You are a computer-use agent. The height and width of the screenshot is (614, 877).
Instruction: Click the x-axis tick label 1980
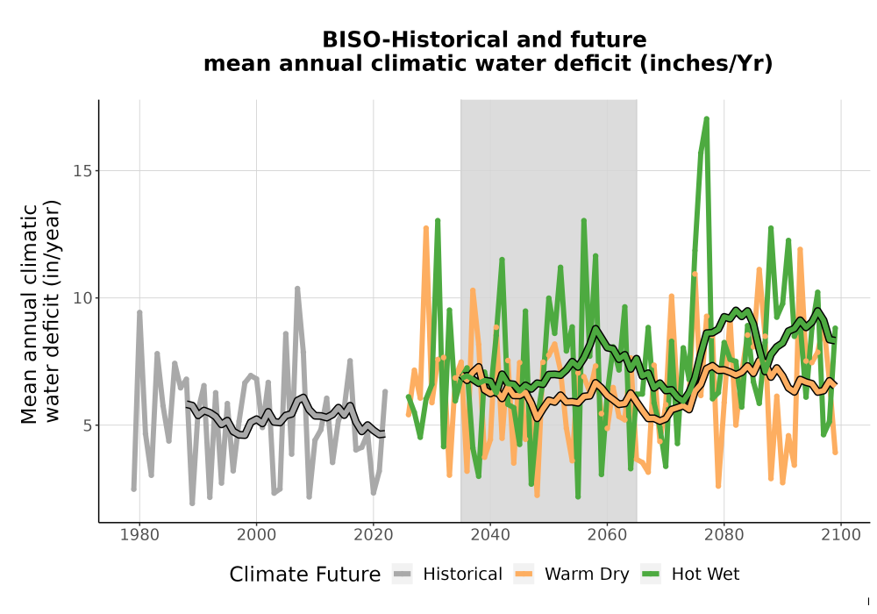pos(139,535)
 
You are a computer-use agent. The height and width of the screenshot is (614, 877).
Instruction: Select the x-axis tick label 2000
pos(256,535)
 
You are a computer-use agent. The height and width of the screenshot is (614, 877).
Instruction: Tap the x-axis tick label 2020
pos(373,535)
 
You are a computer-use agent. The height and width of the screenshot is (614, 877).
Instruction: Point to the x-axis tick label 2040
pos(490,535)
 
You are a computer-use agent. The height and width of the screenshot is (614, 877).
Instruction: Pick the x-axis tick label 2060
pos(607,535)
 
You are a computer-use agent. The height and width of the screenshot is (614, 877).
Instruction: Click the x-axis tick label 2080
pos(724,535)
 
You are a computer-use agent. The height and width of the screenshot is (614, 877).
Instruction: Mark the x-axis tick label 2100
pos(841,535)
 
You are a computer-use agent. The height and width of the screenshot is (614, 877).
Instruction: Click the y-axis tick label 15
pos(82,171)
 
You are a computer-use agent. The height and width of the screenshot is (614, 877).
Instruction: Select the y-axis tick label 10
pos(82,298)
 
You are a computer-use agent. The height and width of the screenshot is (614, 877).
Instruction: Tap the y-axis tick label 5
pos(87,425)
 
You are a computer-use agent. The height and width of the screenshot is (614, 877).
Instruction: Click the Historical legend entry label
pos(462,575)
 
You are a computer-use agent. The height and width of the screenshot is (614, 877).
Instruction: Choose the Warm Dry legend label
pos(587,575)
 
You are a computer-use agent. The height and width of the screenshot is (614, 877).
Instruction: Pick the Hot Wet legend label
pos(705,575)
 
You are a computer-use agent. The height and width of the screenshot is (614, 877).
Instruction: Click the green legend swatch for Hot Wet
pos(651,574)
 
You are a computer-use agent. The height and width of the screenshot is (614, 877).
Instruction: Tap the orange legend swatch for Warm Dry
pos(524,574)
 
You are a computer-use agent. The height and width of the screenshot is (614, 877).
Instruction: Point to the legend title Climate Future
pos(305,575)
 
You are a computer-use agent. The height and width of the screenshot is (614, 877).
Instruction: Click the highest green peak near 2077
pos(707,119)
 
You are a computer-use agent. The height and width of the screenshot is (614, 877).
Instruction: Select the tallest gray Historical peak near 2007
pos(297,289)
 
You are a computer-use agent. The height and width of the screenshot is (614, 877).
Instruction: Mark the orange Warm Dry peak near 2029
pos(426,228)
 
